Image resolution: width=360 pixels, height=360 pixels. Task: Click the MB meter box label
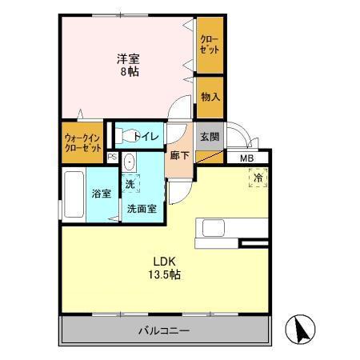(248, 158)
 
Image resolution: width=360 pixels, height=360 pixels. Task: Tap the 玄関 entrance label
(209, 136)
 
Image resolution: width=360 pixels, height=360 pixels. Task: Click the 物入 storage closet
(210, 97)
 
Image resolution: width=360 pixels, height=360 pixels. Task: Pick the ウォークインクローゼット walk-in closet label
(82, 143)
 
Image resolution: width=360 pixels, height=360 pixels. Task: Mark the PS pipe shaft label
(112, 158)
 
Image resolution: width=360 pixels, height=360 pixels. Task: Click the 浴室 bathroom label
(101, 193)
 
